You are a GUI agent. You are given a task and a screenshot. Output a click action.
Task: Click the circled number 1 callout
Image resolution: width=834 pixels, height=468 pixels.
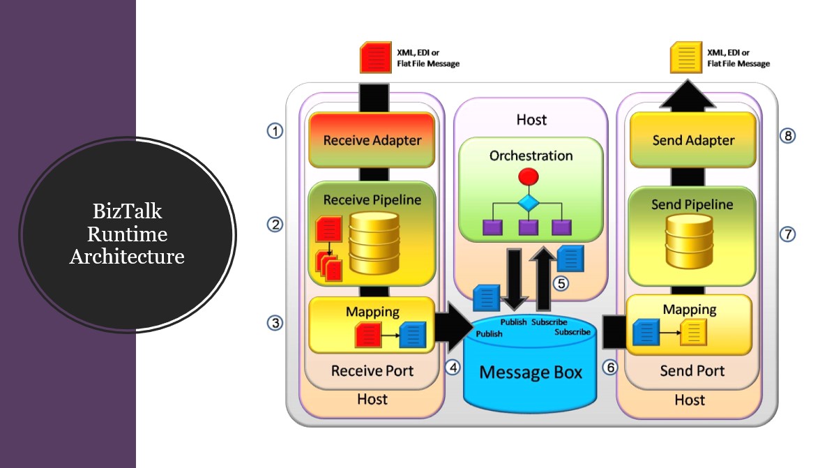pyautogui.click(x=276, y=130)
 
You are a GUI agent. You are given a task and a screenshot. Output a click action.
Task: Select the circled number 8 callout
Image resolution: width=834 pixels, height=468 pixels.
pyautogui.click(x=788, y=135)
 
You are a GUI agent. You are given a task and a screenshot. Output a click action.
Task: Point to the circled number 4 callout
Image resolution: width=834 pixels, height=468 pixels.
pyautogui.click(x=453, y=367)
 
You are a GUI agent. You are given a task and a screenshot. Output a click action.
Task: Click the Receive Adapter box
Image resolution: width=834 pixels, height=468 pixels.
pyautogui.click(x=372, y=139)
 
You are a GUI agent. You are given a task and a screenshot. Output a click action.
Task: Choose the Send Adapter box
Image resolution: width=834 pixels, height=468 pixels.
pyautogui.click(x=692, y=139)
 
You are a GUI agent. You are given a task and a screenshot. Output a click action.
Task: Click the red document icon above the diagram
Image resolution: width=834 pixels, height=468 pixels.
pyautogui.click(x=373, y=58)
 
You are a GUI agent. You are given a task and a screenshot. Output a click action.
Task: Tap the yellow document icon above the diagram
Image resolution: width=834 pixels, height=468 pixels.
pyautogui.click(x=685, y=58)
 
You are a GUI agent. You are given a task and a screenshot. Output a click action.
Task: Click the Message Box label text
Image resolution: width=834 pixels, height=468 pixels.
pyautogui.click(x=530, y=372)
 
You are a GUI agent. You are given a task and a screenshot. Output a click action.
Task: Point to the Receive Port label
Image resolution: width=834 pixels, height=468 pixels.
pyautogui.click(x=372, y=370)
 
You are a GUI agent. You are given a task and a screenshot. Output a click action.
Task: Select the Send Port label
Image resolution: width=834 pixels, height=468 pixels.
pyautogui.click(x=692, y=370)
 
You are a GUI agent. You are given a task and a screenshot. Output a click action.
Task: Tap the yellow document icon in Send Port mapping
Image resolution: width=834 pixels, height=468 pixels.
pyautogui.click(x=693, y=333)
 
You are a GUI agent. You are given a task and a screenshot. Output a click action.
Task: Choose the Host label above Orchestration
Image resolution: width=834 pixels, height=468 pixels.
pyautogui.click(x=531, y=120)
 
